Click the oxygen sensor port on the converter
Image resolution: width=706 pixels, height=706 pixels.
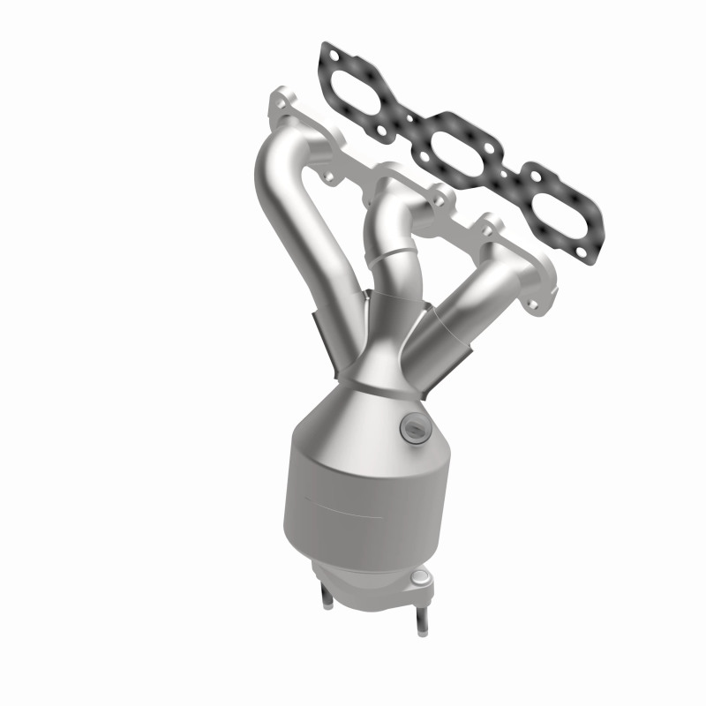click(x=411, y=429)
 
